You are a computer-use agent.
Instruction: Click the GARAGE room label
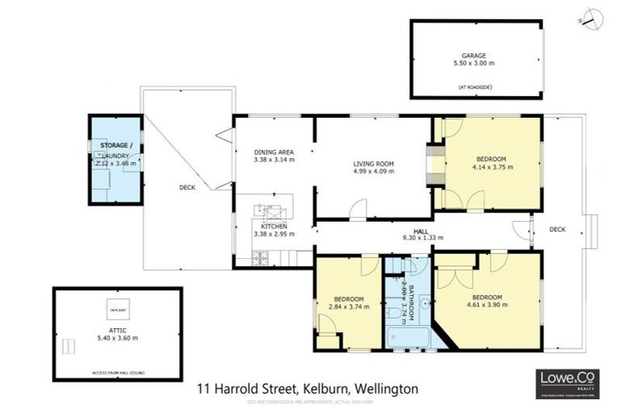(474, 56)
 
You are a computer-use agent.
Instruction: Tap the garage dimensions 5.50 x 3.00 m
(474, 64)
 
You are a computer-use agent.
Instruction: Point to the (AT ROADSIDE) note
(474, 86)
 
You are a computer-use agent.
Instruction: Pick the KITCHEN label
(273, 226)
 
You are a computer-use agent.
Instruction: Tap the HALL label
(418, 229)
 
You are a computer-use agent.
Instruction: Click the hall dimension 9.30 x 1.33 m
(418, 237)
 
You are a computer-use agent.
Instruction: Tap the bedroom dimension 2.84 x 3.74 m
(349, 307)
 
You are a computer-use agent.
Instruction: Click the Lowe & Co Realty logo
(568, 384)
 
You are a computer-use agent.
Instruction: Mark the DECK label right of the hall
(557, 229)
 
